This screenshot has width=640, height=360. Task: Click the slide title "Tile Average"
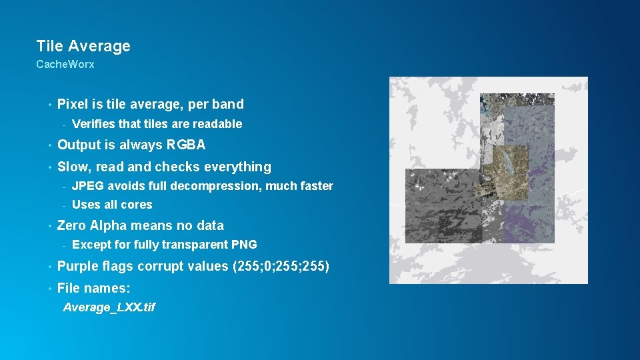(x=83, y=46)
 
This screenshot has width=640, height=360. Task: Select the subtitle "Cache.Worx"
(x=65, y=65)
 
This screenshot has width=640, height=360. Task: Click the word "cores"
(x=137, y=205)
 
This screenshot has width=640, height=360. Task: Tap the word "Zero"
(x=71, y=225)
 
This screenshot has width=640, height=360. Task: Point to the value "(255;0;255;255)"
(x=281, y=266)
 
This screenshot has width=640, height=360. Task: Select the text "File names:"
(x=93, y=288)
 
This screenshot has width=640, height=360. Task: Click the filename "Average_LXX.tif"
(x=109, y=307)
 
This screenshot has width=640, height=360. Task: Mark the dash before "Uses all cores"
(x=63, y=205)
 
